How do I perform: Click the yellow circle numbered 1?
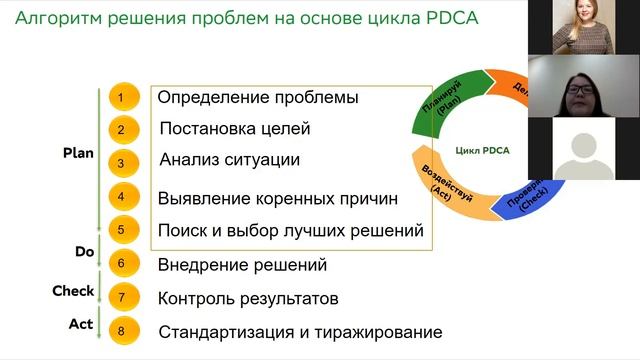pyautogui.click(x=121, y=97)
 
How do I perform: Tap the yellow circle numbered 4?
pyautogui.click(x=121, y=197)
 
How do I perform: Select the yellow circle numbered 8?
pyautogui.click(x=121, y=330)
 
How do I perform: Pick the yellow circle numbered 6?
pyautogui.click(x=121, y=264)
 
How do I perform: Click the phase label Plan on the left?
pyautogui.click(x=78, y=153)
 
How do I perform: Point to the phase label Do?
pyautogui.click(x=84, y=252)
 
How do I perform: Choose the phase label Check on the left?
pyautogui.click(x=73, y=291)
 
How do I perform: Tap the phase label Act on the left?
pyautogui.click(x=81, y=324)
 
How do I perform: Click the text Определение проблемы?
pyautogui.click(x=258, y=98)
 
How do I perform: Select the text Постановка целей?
pyautogui.click(x=235, y=128)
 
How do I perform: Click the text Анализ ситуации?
pyautogui.click(x=229, y=159)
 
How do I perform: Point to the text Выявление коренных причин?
pyautogui.click(x=278, y=198)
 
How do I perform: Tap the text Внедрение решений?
pyautogui.click(x=242, y=265)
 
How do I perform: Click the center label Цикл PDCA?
pyautogui.click(x=482, y=151)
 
